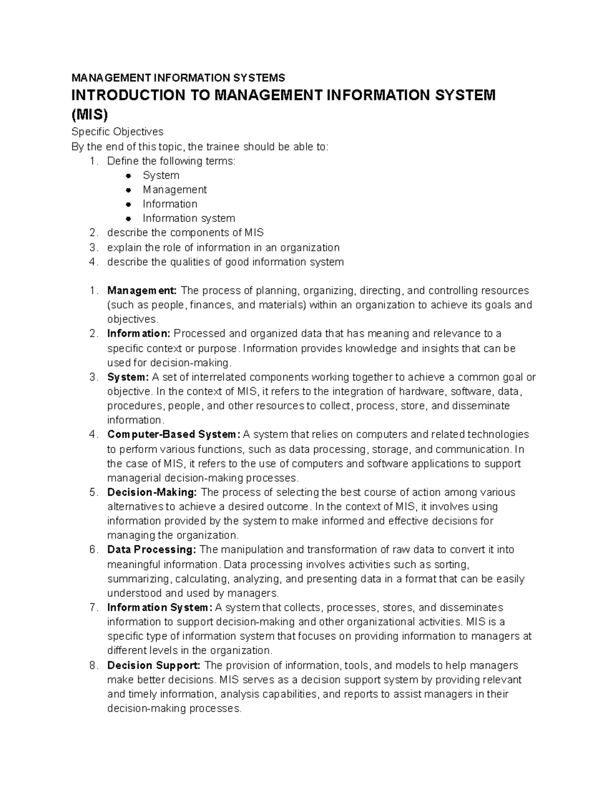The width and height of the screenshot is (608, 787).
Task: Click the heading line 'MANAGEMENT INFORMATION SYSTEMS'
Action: (x=178, y=78)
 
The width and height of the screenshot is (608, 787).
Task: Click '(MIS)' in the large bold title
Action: (x=90, y=115)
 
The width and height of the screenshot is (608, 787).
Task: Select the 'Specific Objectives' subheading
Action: (x=117, y=132)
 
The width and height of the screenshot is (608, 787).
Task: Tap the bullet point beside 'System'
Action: (x=129, y=175)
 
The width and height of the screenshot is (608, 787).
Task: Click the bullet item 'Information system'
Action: (x=188, y=218)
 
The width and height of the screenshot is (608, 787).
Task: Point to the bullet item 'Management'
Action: (x=174, y=190)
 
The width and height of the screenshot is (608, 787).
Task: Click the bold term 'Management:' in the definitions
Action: (x=142, y=291)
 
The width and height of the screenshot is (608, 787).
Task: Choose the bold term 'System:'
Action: (x=128, y=377)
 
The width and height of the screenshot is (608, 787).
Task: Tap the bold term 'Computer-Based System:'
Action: (x=173, y=434)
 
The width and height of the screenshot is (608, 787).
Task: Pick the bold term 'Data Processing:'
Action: (x=151, y=550)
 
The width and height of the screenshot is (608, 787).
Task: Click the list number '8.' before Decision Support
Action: (x=93, y=665)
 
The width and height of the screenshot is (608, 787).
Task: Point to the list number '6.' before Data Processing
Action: (x=93, y=550)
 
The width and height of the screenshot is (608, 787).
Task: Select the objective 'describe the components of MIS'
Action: (x=185, y=233)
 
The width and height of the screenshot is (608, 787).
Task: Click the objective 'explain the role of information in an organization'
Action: (x=223, y=247)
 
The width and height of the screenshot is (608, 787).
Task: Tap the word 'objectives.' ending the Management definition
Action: (x=133, y=319)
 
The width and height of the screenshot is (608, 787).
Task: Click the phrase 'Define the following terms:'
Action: (x=171, y=161)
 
